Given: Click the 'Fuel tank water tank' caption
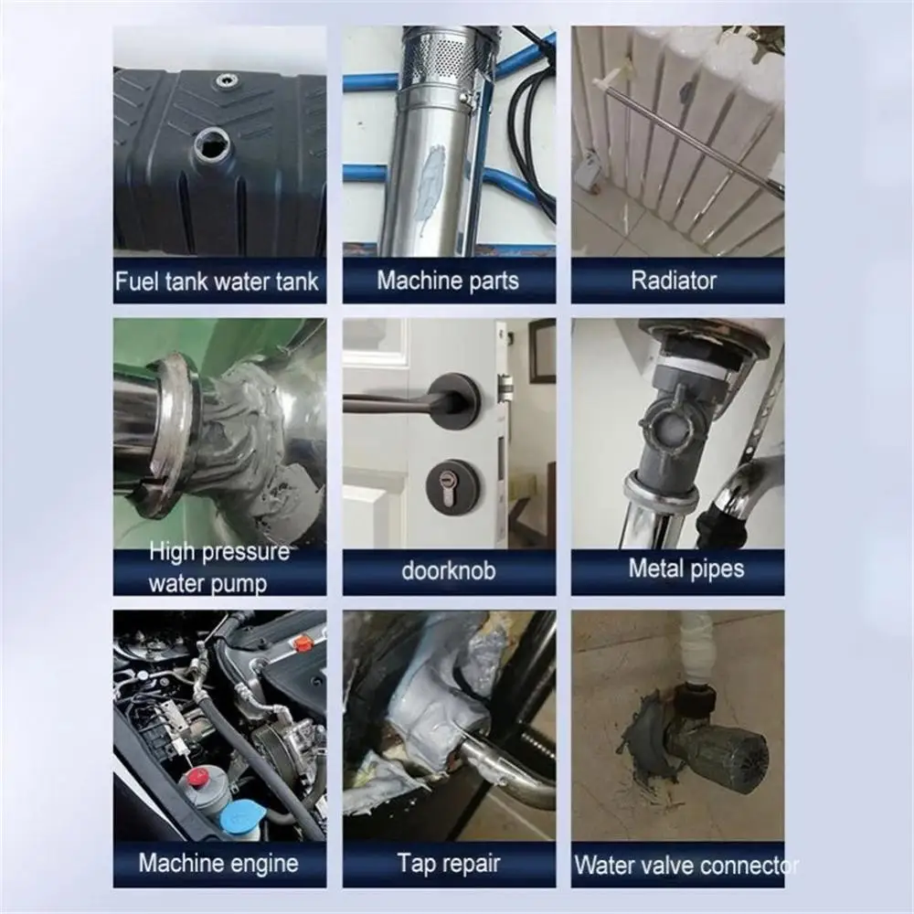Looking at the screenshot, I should [x=218, y=281].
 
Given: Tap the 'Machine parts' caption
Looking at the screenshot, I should [x=448, y=281].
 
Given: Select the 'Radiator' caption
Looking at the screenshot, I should [x=676, y=281].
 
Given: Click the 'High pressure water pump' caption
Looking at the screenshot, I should [x=219, y=567].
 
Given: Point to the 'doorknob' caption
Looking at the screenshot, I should [x=448, y=571].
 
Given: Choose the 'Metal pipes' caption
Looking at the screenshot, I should [x=685, y=569].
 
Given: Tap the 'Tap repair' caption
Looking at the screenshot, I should [x=448, y=862].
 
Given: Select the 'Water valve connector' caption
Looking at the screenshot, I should [x=685, y=865].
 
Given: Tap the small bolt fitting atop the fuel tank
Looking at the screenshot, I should [x=226, y=82].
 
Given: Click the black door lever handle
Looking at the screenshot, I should [x=411, y=400].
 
